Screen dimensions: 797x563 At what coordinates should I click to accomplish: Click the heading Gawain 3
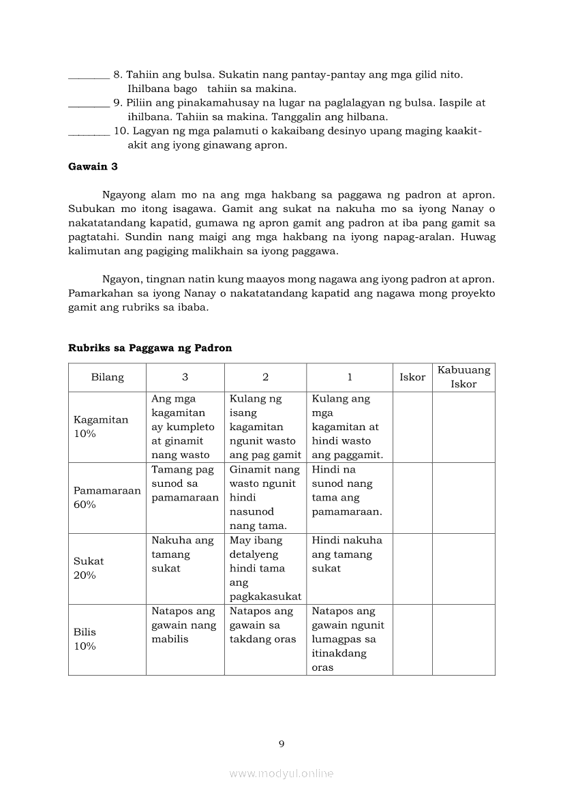pyautogui.click(x=93, y=166)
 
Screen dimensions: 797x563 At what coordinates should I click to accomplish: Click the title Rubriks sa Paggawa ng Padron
pyautogui.click(x=150, y=348)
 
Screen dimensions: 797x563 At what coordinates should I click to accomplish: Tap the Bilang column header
pyautogui.click(x=108, y=377)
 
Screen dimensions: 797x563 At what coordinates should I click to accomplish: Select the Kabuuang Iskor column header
pyautogui.click(x=463, y=377)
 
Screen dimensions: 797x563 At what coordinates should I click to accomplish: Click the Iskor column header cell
pyautogui.click(x=412, y=377)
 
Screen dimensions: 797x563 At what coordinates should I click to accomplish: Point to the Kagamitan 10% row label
pyautogui.click(x=101, y=427)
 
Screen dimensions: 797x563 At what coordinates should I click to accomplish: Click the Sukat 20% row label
pyautogui.click(x=89, y=568)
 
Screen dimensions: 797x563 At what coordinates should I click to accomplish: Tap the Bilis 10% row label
pyautogui.click(x=85, y=639)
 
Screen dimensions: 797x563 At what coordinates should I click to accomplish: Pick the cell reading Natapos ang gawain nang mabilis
pyautogui.click(x=184, y=625)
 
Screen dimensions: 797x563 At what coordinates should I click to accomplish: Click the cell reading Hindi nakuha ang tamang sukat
pyautogui.click(x=347, y=554)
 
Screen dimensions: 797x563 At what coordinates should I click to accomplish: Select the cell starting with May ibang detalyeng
pyautogui.click(x=265, y=569)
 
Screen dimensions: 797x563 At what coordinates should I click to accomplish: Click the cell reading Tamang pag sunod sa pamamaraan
pyautogui.click(x=185, y=483)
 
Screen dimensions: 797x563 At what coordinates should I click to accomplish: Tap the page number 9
pyautogui.click(x=281, y=744)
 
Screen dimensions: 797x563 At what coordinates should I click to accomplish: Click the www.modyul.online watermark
pyautogui.click(x=281, y=773)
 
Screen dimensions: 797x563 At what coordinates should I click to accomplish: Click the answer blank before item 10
pyautogui.click(x=89, y=133)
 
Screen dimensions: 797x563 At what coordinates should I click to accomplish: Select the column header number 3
pyautogui.click(x=185, y=377)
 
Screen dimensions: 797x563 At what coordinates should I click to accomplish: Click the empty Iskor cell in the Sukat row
pyautogui.click(x=412, y=569)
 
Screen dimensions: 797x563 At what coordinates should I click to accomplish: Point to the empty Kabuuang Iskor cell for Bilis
pyautogui.click(x=463, y=640)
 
